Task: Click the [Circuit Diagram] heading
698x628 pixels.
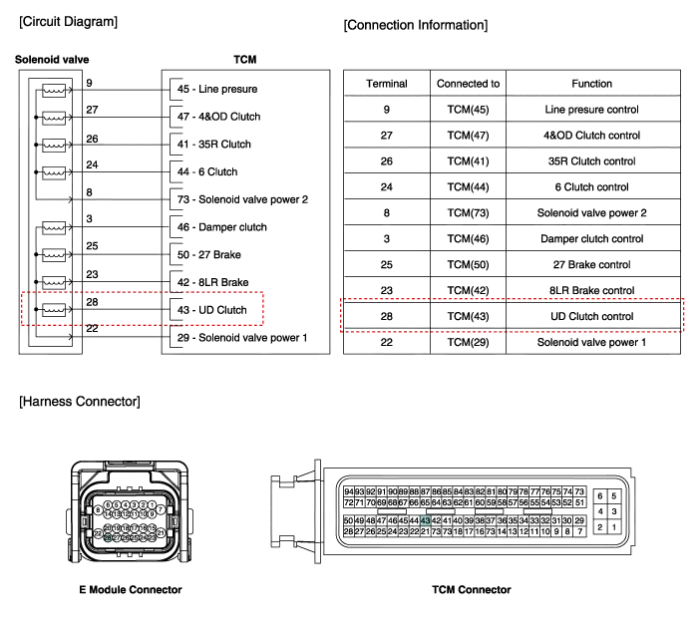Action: point(68,22)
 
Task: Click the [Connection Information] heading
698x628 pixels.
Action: point(416,24)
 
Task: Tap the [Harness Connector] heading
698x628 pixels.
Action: point(79,402)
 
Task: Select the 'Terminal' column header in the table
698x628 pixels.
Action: point(386,84)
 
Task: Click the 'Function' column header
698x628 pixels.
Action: point(590,84)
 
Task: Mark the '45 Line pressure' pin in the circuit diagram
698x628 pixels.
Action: point(214,90)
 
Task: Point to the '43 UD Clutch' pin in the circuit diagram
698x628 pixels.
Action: point(210,310)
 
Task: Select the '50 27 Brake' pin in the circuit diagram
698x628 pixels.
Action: point(209,255)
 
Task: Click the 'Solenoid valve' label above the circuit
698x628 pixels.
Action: point(51,60)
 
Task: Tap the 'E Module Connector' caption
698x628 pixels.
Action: point(131,590)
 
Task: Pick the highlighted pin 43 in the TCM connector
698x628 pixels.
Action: point(426,520)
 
